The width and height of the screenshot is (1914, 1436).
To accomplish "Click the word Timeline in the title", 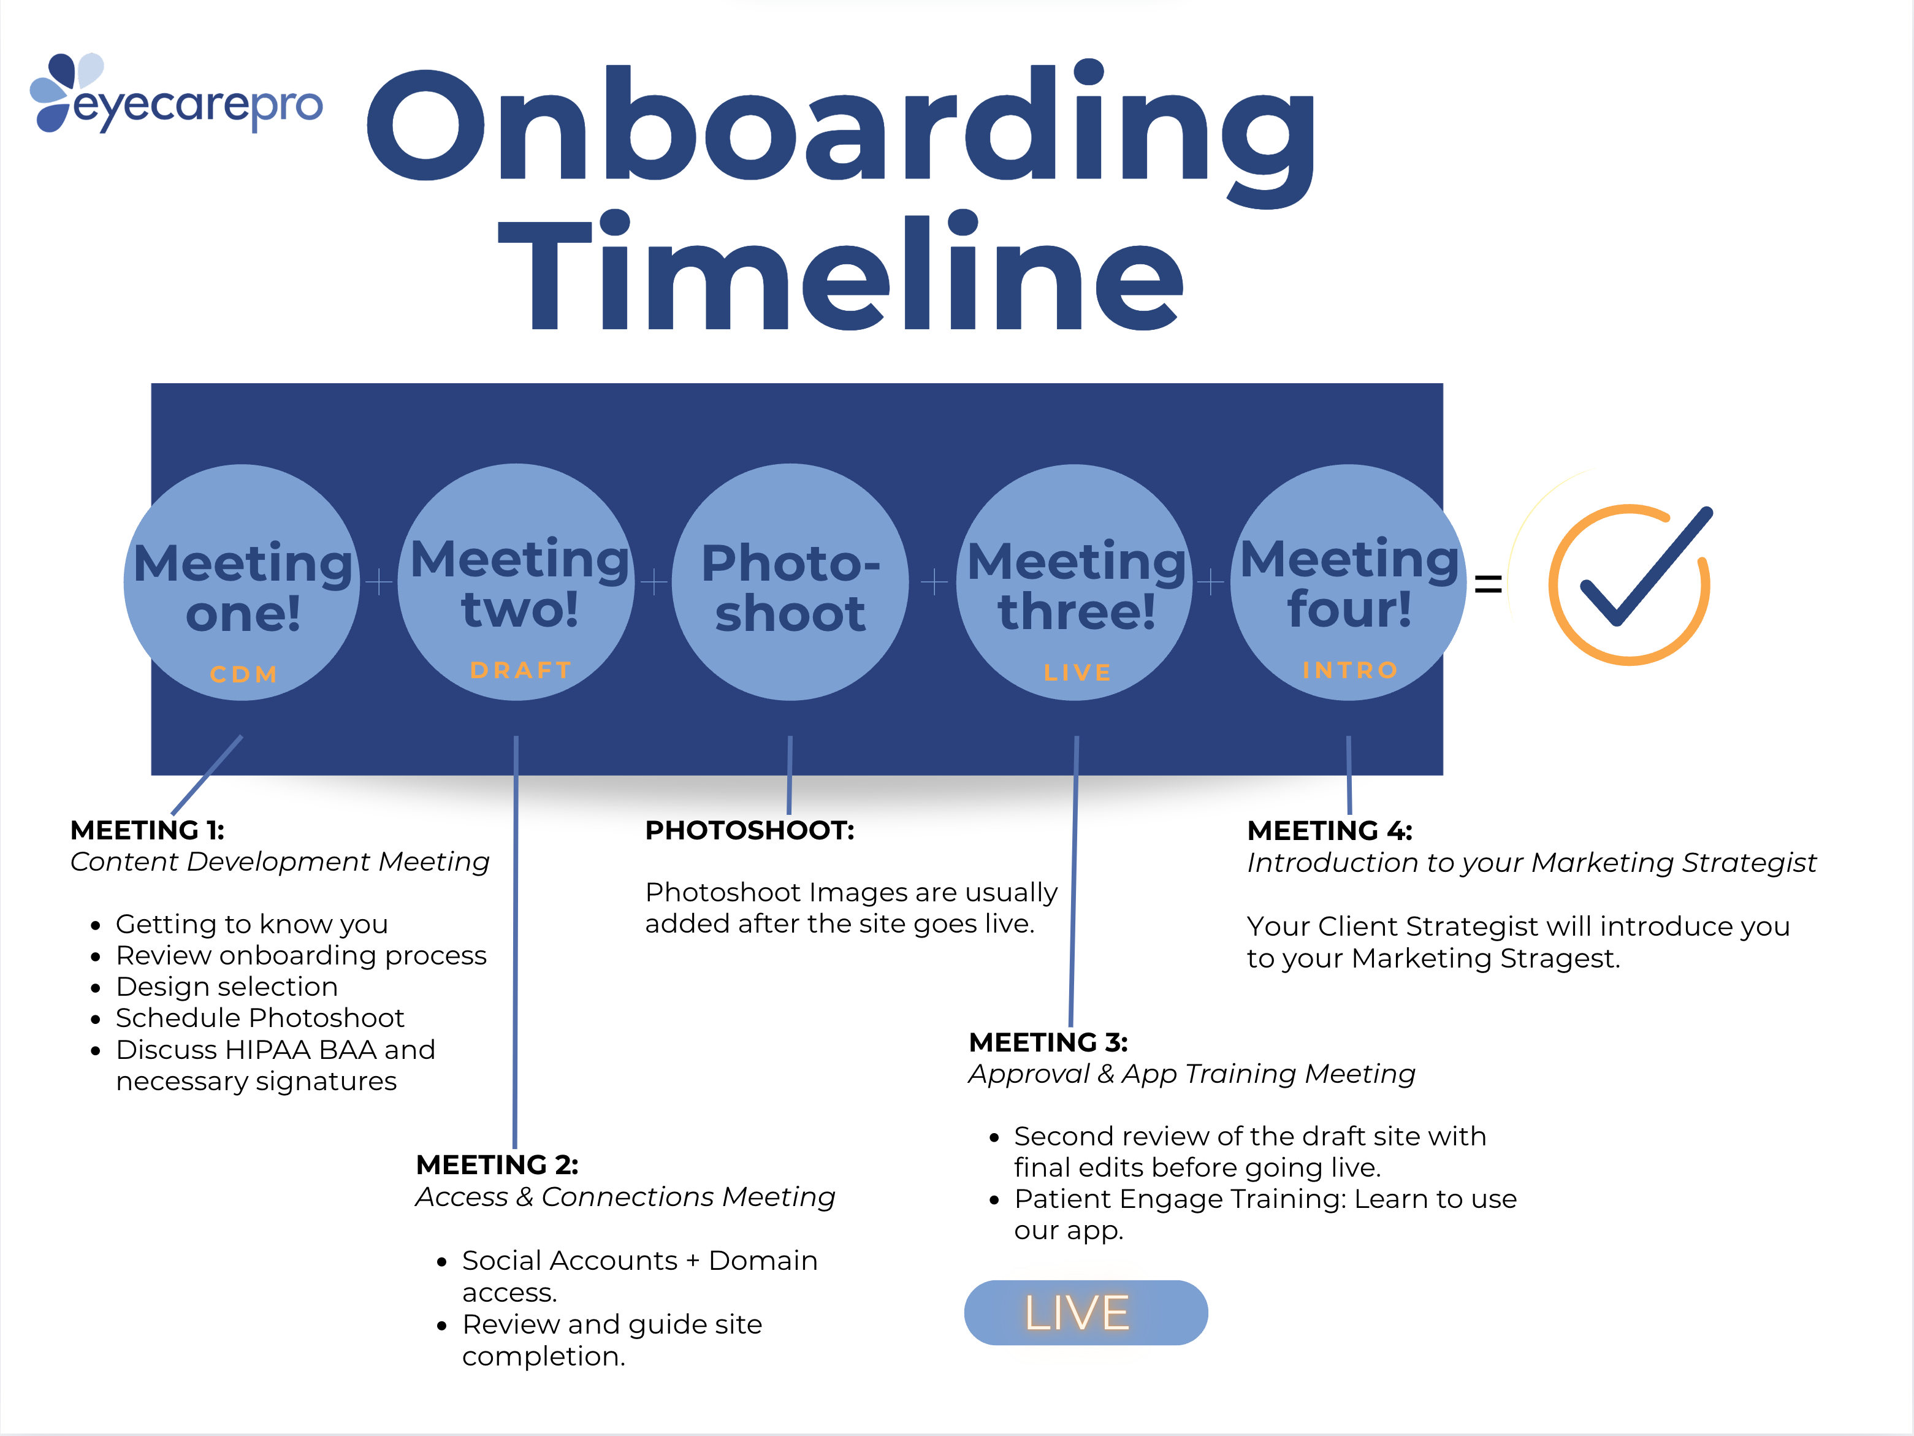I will [x=839, y=273].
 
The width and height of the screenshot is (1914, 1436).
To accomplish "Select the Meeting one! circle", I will [x=242, y=582].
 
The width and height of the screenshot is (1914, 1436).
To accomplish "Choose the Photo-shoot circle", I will [x=790, y=582].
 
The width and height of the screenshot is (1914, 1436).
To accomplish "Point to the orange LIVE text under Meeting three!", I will [x=1077, y=673].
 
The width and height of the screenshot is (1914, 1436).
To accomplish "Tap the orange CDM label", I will [x=243, y=674].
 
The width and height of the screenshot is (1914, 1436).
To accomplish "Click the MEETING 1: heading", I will [x=147, y=830].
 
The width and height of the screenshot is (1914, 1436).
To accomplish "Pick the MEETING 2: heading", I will [x=497, y=1165].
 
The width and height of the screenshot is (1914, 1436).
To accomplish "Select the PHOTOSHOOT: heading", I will [x=749, y=830].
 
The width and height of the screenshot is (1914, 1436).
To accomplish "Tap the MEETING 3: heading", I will [x=1048, y=1042].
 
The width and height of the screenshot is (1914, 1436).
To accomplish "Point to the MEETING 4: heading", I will [x=1329, y=831].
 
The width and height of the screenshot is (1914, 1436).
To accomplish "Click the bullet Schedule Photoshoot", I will [x=259, y=1018].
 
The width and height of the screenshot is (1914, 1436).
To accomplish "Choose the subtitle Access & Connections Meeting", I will [x=625, y=1197].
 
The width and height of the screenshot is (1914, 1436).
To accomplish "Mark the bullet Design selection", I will [x=227, y=987].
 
